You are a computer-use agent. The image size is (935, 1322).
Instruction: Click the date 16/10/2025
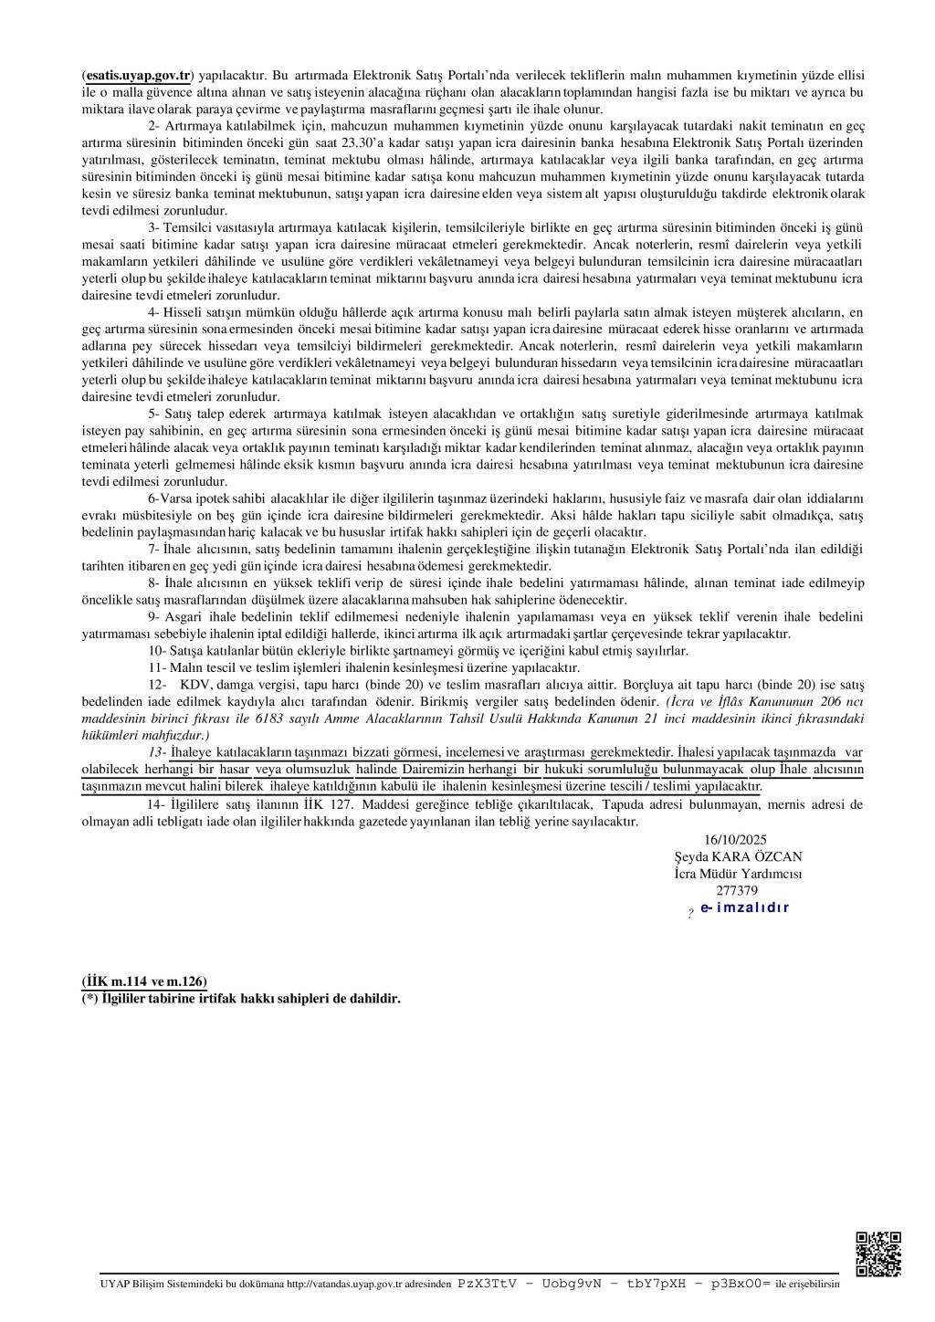(x=736, y=840)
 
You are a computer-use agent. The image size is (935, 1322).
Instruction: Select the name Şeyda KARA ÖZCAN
(x=738, y=856)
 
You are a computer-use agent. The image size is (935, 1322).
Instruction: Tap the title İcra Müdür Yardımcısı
(x=738, y=874)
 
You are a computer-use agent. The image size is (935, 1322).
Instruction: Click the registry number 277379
(x=738, y=890)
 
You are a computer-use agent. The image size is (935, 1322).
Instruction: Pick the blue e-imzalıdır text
(x=744, y=908)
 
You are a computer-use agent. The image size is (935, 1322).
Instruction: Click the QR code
(x=877, y=1253)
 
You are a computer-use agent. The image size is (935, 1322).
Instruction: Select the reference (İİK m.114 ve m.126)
(x=144, y=981)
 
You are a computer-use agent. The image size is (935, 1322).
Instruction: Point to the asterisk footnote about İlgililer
(x=241, y=999)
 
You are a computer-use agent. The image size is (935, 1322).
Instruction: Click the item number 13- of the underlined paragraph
(x=158, y=752)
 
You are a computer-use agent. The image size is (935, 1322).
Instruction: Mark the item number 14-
(x=158, y=804)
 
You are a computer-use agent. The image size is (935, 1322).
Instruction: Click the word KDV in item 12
(x=194, y=684)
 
